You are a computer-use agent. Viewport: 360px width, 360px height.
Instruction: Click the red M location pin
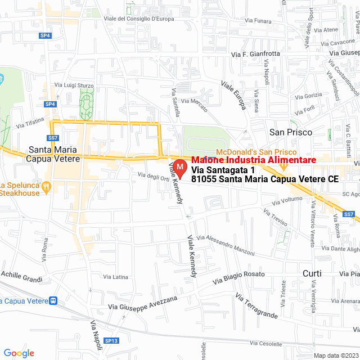[180, 168]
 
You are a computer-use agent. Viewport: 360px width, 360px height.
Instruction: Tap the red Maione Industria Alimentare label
[254, 160]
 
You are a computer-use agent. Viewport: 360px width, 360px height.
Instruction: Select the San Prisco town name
[291, 132]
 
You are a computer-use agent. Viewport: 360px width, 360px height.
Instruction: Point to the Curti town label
[312, 273]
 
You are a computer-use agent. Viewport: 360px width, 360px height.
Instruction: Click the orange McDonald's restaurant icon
[284, 165]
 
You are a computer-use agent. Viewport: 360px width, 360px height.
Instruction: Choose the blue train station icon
[53, 300]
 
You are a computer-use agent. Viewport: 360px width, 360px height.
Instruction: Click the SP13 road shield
[111, 341]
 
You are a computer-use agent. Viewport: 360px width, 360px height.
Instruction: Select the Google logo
[19, 353]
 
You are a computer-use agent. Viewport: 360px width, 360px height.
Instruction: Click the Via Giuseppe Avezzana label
[143, 303]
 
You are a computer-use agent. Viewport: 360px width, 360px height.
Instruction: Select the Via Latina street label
[116, 277]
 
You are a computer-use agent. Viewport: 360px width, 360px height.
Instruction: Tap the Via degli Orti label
[153, 178]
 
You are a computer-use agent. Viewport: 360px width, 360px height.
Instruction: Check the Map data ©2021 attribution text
[336, 355]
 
